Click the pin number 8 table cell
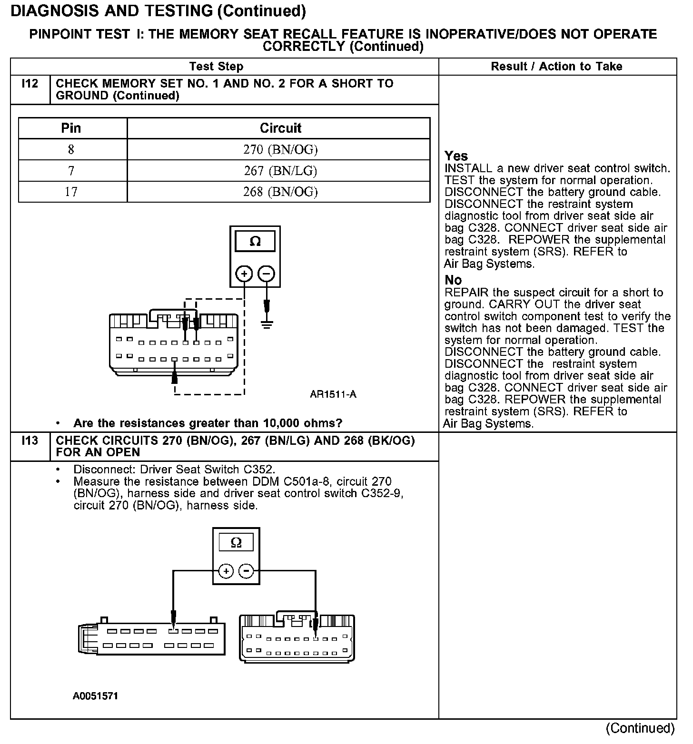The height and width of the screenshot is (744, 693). coord(71,149)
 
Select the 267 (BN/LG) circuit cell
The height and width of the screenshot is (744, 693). coord(280,170)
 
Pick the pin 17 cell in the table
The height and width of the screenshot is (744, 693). coord(71,191)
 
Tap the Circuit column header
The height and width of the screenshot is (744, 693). coord(280,128)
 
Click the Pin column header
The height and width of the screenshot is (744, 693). coord(71,128)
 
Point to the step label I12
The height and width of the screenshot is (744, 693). coord(30,84)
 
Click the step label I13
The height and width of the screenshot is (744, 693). coord(30,441)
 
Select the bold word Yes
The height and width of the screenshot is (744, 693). coord(456,156)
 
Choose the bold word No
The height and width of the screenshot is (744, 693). coord(453,280)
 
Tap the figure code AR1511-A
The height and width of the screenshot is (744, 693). coord(333,394)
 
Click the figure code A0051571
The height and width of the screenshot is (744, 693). coord(95,696)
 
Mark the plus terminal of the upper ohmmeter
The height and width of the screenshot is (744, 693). coord(244,274)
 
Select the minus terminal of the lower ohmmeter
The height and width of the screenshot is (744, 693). coord(246,570)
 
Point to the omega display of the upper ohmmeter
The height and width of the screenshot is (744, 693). coord(255,242)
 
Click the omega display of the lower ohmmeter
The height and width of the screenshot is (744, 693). coord(236,542)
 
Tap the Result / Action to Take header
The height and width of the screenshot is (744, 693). coord(556,67)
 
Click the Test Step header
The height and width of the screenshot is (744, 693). coord(216,67)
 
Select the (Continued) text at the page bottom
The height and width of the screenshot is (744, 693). coord(640,728)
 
